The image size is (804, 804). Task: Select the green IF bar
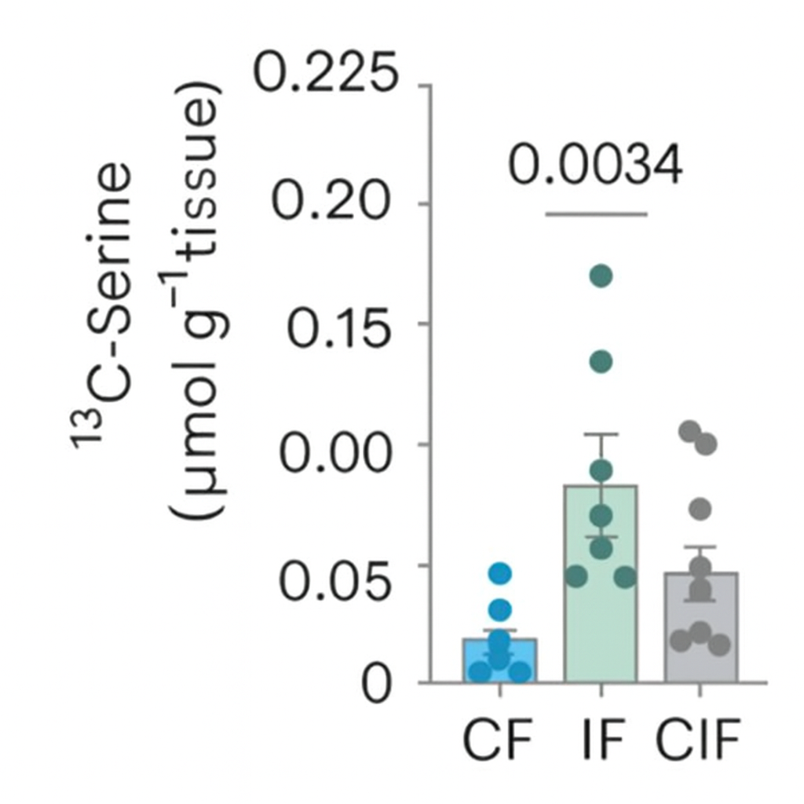601,620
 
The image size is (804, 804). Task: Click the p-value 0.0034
594,166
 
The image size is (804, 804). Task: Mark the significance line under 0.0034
597,213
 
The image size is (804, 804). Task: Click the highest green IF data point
601,276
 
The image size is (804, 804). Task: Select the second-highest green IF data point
601,361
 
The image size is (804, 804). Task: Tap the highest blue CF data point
499,573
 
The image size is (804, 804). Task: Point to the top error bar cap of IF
601,434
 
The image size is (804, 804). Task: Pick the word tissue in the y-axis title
197,169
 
